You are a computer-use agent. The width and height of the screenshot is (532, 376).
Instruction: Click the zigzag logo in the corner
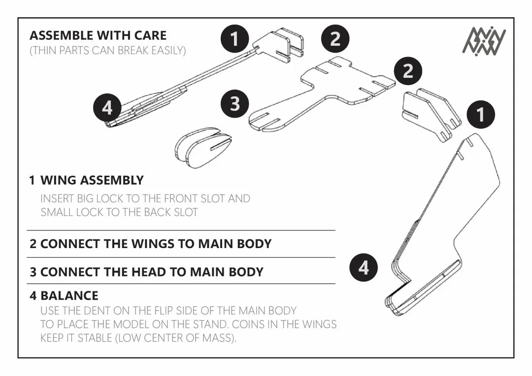tap(484, 40)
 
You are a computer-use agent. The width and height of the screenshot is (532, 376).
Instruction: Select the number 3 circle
tap(235, 104)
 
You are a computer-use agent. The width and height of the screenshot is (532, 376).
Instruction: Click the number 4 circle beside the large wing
tap(364, 268)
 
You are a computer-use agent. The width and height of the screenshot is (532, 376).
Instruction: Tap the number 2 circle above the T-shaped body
tap(335, 38)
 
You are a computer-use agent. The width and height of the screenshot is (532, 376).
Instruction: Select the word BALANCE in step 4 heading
tap(69, 296)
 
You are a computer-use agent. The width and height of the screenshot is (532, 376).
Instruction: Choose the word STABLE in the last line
tap(96, 339)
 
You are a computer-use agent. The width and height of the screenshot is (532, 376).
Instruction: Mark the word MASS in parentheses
tap(218, 339)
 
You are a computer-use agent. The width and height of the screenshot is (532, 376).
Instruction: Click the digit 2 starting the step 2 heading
tap(33, 244)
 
